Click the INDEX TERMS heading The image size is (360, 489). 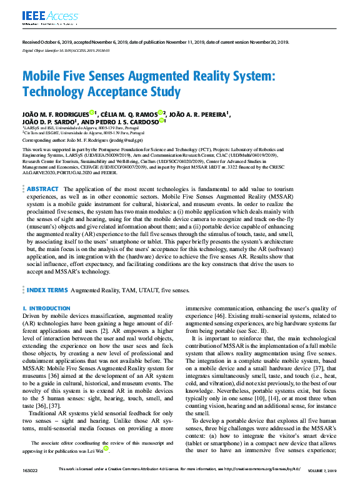[x=47, y=290]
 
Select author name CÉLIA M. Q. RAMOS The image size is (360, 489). [x=127, y=114]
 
